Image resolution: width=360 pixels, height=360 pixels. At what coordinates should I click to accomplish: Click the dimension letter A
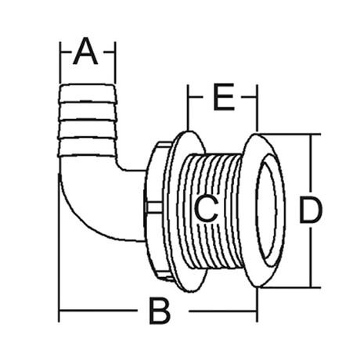point(85,51)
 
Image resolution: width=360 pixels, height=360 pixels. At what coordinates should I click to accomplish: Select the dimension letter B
point(160,311)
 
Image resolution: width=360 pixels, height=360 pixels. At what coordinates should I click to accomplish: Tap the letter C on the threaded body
point(206,209)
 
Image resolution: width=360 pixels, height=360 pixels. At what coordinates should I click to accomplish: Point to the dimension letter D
point(311,210)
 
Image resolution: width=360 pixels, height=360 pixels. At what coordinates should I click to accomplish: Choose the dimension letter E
point(224,97)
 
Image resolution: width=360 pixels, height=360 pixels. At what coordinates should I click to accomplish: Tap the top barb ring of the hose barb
point(88,92)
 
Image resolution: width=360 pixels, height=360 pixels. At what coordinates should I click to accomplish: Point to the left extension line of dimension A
point(60,62)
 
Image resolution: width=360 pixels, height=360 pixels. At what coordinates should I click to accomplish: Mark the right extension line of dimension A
point(114,62)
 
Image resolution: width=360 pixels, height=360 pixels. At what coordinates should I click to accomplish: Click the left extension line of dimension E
point(188,107)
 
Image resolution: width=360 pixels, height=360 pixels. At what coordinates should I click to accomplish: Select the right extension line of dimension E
point(257,108)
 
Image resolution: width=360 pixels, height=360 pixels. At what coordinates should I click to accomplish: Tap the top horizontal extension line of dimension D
point(290,134)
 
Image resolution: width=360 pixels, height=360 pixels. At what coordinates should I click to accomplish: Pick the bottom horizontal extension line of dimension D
point(290,287)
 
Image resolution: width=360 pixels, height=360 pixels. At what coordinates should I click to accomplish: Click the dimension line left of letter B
point(99,311)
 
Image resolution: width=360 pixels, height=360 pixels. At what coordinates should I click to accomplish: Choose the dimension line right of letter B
point(223,311)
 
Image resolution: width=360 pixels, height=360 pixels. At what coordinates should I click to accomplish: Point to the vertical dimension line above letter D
point(311,164)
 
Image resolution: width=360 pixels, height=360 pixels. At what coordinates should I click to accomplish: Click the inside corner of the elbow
point(120,167)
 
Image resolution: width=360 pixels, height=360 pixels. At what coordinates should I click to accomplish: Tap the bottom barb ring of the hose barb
point(88,146)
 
